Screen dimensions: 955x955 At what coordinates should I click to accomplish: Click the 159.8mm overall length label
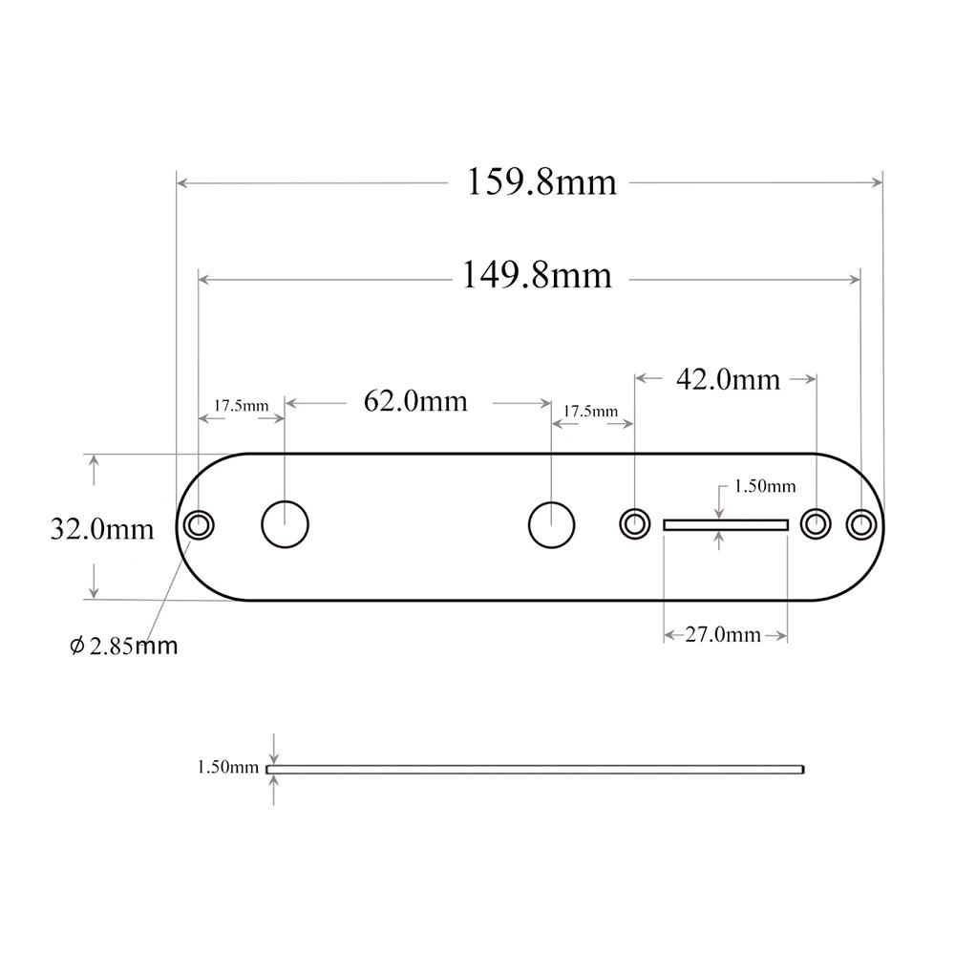pyautogui.click(x=541, y=181)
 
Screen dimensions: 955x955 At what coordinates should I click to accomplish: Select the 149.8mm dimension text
pyautogui.click(x=537, y=276)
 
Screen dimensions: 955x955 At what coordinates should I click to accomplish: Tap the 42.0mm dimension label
pyautogui.click(x=728, y=380)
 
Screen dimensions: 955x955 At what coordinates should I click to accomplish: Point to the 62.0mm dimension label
pyautogui.click(x=415, y=401)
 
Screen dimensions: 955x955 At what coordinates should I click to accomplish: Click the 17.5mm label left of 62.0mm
pyautogui.click(x=241, y=405)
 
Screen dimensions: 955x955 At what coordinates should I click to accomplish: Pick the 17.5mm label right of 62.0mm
pyautogui.click(x=590, y=411)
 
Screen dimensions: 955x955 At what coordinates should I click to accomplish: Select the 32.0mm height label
pyautogui.click(x=102, y=528)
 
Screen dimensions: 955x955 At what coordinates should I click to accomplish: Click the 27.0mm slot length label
pyautogui.click(x=723, y=635)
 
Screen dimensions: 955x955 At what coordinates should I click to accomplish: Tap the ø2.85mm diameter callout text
pyautogui.click(x=124, y=647)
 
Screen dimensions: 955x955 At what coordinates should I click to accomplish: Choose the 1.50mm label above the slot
pyautogui.click(x=764, y=486)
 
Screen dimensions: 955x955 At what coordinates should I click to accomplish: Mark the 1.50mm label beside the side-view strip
pyautogui.click(x=227, y=767)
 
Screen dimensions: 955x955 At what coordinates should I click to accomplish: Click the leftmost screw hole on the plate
pyautogui.click(x=199, y=525)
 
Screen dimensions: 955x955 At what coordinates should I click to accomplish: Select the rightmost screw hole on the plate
pyautogui.click(x=861, y=523)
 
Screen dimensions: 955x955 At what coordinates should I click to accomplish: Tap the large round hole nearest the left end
pyautogui.click(x=285, y=525)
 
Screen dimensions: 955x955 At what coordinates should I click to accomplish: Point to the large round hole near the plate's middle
pyautogui.click(x=551, y=525)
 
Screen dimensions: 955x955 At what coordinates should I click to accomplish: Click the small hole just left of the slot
pyautogui.click(x=634, y=523)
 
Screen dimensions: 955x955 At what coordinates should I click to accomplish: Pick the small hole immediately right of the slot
pyautogui.click(x=815, y=523)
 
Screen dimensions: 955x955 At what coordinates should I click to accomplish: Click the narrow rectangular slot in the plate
pyautogui.click(x=725, y=524)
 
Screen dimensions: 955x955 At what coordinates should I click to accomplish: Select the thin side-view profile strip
pyautogui.click(x=535, y=768)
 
